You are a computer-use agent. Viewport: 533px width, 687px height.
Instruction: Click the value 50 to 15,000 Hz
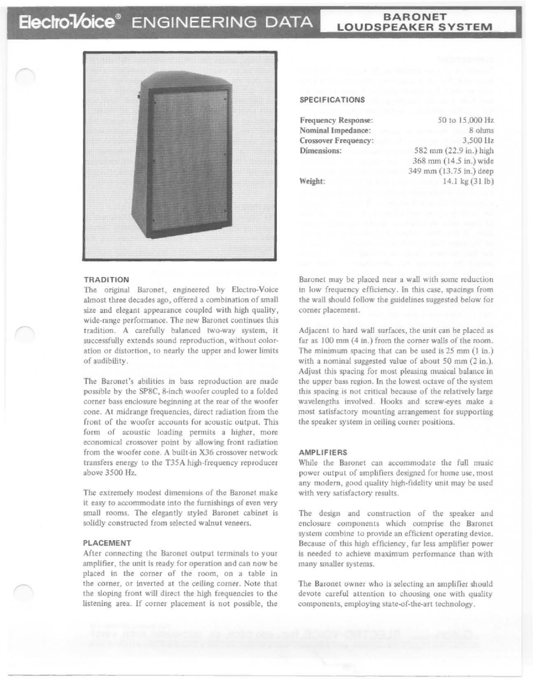pos(465,121)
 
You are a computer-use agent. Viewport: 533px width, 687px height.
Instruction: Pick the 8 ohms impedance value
pos(478,131)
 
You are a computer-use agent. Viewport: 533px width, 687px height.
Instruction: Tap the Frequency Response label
pos(336,121)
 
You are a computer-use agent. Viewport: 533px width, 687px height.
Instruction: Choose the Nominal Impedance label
pos(335,131)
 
